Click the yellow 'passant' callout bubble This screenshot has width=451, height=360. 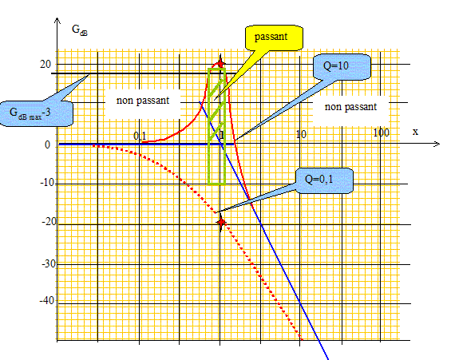(274, 38)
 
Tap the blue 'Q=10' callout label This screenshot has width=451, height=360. (342, 66)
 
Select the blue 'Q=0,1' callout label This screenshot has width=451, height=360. (324, 180)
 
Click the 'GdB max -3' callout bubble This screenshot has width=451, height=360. (36, 113)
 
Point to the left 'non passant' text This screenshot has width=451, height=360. (143, 101)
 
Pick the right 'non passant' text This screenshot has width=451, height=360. (350, 107)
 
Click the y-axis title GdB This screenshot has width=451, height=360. (80, 30)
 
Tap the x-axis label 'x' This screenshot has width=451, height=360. (415, 132)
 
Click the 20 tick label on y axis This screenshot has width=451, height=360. (45, 64)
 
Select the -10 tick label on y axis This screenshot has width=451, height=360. (47, 182)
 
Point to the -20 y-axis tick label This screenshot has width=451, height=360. (49, 222)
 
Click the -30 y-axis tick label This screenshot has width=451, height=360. (49, 263)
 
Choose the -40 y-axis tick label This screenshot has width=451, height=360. (47, 300)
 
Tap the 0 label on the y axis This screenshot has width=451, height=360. (47, 144)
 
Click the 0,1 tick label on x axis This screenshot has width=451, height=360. (140, 136)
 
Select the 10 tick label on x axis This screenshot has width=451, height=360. (301, 134)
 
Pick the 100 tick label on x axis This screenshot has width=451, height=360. (382, 133)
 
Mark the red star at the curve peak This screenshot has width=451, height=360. (220, 63)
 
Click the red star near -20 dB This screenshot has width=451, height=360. (221, 222)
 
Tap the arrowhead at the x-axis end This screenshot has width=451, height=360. (437, 144)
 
